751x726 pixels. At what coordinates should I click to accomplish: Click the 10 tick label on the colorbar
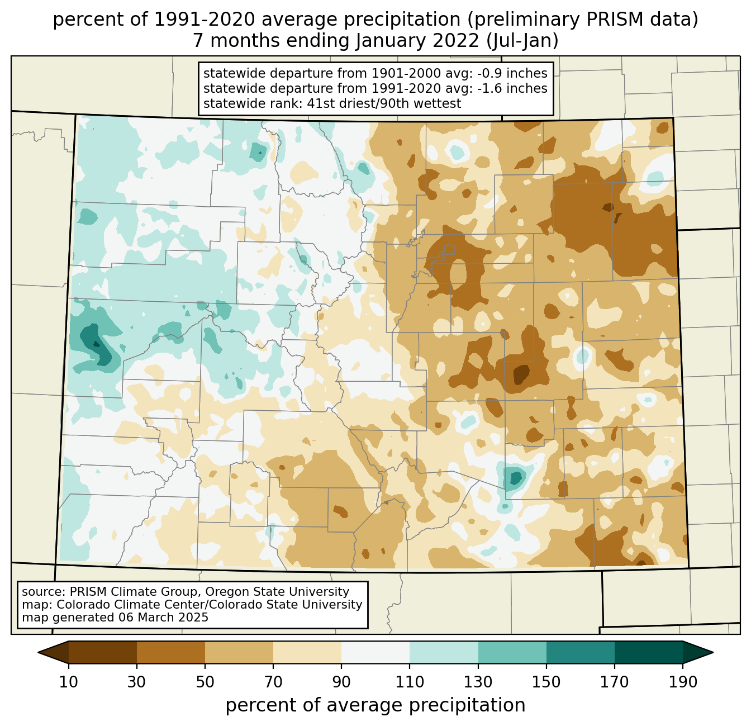pyautogui.click(x=69, y=682)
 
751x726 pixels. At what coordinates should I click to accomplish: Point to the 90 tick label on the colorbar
pyautogui.click(x=341, y=682)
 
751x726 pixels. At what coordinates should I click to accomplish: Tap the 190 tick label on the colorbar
pyautogui.click(x=683, y=682)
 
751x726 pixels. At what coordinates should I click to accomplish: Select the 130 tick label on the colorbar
pyautogui.click(x=478, y=682)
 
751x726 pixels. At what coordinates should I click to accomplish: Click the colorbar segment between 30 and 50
pyautogui.click(x=171, y=652)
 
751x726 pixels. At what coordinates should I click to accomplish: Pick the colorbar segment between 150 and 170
pyautogui.click(x=581, y=652)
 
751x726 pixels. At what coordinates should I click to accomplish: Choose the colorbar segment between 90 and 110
pyautogui.click(x=375, y=652)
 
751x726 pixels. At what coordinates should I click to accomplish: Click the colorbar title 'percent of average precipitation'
pyautogui.click(x=375, y=705)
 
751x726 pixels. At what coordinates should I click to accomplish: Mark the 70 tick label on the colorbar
pyautogui.click(x=273, y=682)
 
